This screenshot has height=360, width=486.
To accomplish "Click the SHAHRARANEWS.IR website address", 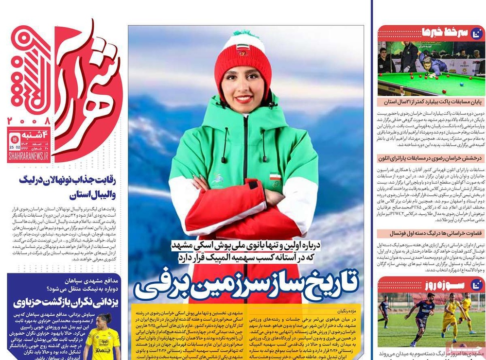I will click(28, 155).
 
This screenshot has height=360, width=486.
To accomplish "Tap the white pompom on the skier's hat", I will click(243, 34).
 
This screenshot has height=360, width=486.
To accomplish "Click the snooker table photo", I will click(431, 69).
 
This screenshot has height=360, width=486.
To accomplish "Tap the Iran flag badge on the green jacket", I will click(276, 175).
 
